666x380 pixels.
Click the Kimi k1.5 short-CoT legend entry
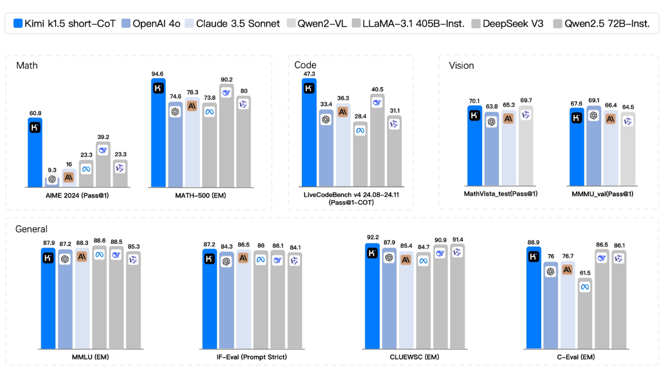(64, 24)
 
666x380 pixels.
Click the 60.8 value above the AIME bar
(35, 113)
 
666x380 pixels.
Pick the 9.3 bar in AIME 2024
(52, 182)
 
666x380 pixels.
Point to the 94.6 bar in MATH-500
(158, 133)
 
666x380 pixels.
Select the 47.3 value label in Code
(309, 74)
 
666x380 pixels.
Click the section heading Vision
(461, 66)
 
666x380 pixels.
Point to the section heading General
(32, 229)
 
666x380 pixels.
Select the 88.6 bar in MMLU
(99, 297)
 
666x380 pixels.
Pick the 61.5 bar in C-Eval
(584, 313)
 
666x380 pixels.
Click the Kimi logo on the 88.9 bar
(534, 257)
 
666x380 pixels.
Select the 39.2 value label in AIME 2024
(103, 137)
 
